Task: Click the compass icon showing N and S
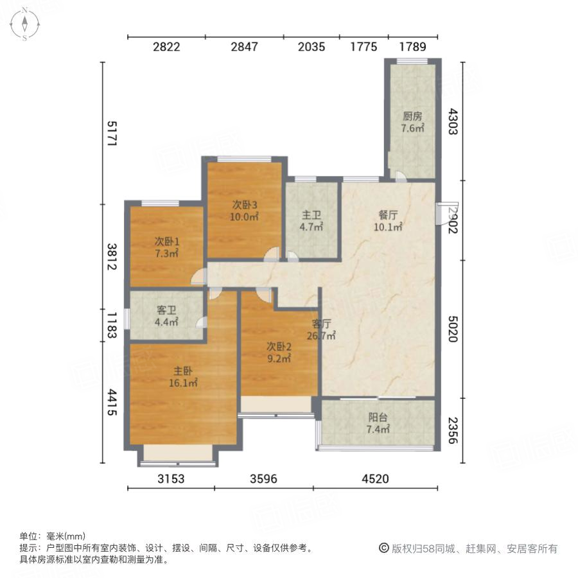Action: (24, 24)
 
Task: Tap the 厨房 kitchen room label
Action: (412, 117)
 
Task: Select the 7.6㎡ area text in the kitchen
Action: (412, 128)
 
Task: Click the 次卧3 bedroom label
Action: (245, 206)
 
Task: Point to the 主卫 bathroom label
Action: (312, 216)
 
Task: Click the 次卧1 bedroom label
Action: (166, 241)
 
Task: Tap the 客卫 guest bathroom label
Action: (166, 310)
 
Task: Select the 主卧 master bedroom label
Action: (183, 371)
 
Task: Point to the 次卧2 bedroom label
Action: (278, 346)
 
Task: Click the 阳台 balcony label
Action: (378, 417)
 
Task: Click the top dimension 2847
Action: (245, 47)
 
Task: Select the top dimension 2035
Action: (312, 47)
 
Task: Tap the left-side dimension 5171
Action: (111, 133)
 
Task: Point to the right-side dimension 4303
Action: (453, 121)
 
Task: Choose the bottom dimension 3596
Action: (264, 478)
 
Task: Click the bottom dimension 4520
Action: (375, 478)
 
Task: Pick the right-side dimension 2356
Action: (453, 432)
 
